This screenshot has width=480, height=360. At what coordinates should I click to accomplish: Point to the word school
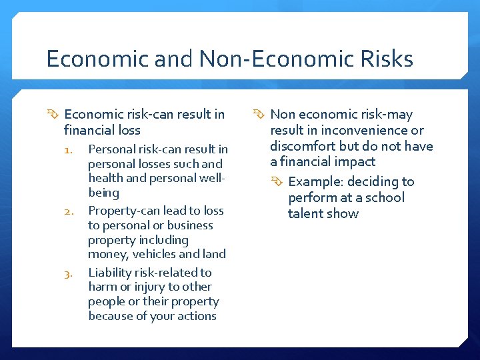(383, 197)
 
